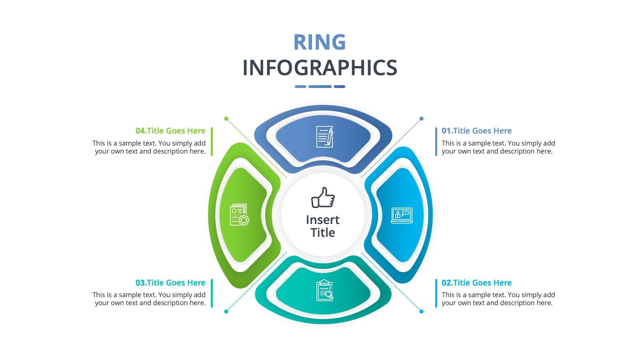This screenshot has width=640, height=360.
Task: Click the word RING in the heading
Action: tap(320, 42)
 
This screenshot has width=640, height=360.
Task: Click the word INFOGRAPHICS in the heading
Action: tap(320, 68)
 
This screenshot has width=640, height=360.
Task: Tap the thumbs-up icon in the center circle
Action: tap(323, 197)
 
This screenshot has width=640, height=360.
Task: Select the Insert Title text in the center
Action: tap(323, 226)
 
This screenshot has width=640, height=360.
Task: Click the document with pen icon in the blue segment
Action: tap(324, 136)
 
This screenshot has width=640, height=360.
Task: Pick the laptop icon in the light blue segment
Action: tap(402, 216)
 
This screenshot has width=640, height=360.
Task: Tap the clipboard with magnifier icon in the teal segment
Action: tap(324, 290)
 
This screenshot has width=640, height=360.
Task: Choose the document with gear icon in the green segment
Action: tap(240, 214)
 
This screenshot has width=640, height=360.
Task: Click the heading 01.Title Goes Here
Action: tap(476, 130)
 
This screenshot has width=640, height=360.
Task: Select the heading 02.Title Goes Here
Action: tap(476, 282)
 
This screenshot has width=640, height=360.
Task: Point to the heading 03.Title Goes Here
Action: tap(170, 282)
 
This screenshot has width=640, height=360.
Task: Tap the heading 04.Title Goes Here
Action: tap(170, 130)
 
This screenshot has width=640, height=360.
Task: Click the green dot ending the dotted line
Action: tap(226, 118)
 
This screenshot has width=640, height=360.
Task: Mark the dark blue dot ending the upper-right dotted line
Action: tap(422, 118)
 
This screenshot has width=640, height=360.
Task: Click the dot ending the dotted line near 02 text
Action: tap(422, 312)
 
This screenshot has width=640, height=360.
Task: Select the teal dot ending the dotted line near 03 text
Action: tap(226, 312)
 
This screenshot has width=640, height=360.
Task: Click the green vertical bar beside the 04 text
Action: tap(212, 142)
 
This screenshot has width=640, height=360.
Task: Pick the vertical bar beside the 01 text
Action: tap(436, 142)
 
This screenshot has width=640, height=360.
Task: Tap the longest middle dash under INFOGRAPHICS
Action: tap(320, 86)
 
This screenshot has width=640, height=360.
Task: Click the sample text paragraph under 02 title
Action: tap(498, 298)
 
